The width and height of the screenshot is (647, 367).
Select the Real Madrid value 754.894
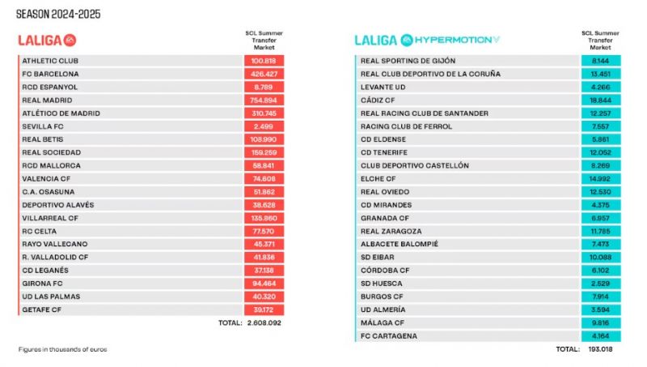[x=264, y=100]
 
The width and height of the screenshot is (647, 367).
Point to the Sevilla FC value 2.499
[x=264, y=126]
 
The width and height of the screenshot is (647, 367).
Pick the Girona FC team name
[x=42, y=284]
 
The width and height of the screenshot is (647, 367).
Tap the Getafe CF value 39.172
[x=264, y=309]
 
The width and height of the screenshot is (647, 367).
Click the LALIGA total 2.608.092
[x=264, y=322]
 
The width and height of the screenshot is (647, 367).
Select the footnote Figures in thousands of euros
[x=62, y=349]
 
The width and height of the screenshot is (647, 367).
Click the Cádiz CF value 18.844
[x=600, y=100]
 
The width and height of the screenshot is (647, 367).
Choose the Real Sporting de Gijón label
[x=408, y=61]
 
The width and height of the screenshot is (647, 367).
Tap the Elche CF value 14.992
[x=600, y=178]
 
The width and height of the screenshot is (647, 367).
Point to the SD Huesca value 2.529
[x=600, y=284]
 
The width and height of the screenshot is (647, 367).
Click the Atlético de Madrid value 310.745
[x=264, y=113]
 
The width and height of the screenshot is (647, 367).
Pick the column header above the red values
[x=264, y=40]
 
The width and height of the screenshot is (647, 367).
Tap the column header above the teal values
[x=600, y=40]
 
